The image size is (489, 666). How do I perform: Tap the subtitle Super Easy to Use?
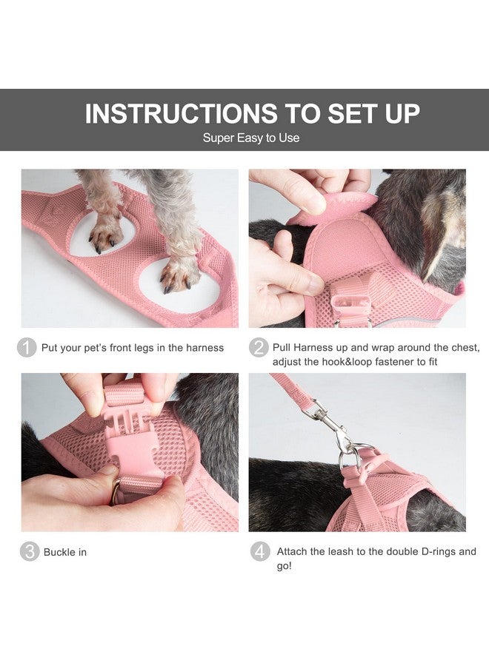[251, 138]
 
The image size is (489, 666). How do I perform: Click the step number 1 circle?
[27, 347]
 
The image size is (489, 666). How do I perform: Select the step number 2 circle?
[259, 347]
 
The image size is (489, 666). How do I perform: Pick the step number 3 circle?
[29, 552]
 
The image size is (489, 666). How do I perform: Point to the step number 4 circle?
[259, 552]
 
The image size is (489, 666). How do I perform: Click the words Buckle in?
[65, 553]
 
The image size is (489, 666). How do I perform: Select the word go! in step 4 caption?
[285, 566]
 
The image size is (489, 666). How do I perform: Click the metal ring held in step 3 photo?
[116, 492]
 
